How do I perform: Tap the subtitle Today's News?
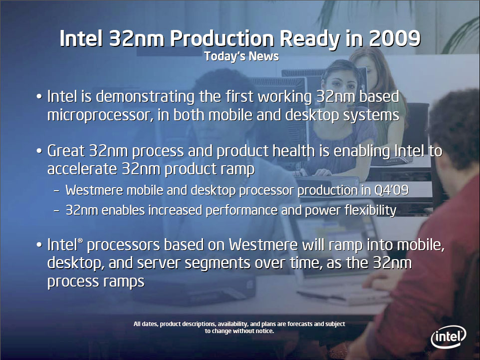[x=241, y=56]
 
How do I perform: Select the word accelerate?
[x=82, y=169]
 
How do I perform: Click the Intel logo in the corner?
[x=448, y=339]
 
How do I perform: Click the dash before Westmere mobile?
[x=57, y=191]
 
